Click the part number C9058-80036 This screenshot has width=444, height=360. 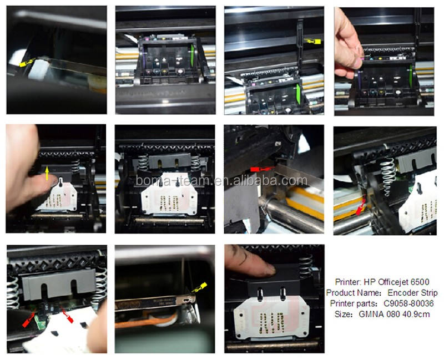tap(408, 303)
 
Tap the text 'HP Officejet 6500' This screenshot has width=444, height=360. tap(396, 282)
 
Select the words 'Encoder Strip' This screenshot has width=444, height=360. tap(412, 293)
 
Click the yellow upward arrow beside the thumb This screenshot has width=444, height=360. tap(47, 173)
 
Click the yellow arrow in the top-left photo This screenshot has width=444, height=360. tap(27, 63)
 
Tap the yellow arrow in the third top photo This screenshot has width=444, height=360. tap(312, 41)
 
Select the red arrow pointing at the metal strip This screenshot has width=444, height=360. tap(262, 169)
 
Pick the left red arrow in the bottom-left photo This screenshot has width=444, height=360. tap(29, 320)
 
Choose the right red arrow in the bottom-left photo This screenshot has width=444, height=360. tap(67, 316)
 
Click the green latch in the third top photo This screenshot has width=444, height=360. tap(298, 94)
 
